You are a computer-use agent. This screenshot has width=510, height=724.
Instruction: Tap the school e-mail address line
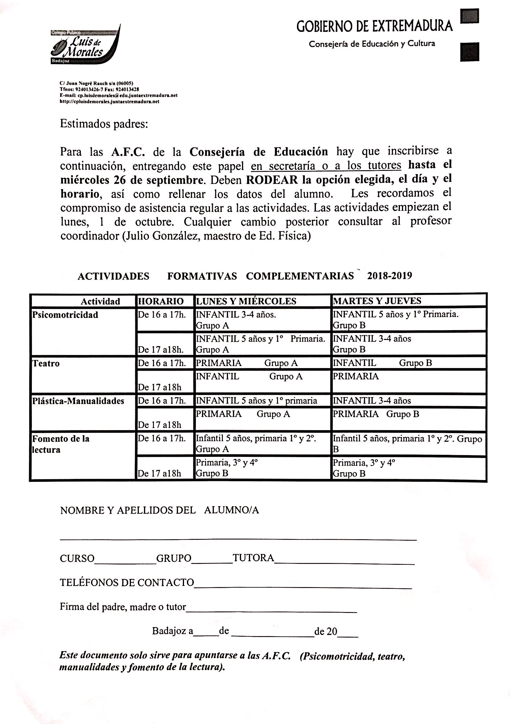[x=119, y=95]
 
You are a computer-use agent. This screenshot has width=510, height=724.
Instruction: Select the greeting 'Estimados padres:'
[x=104, y=124]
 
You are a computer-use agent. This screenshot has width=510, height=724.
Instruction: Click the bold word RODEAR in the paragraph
[x=272, y=180]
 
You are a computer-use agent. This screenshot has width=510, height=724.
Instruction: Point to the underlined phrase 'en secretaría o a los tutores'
[x=326, y=166]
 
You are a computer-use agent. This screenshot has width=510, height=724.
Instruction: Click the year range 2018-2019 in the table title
[x=389, y=276]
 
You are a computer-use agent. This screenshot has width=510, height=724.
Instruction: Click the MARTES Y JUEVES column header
[x=377, y=301]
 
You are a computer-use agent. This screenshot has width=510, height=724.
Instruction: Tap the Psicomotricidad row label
[x=65, y=315]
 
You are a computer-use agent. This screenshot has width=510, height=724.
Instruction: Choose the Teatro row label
[x=46, y=363]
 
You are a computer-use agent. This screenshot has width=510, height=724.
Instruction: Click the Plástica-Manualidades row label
[x=78, y=401]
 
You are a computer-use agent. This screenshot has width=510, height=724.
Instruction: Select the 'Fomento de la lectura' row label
[x=61, y=444]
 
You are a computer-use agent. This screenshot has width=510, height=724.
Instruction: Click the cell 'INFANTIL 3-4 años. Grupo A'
[x=236, y=320]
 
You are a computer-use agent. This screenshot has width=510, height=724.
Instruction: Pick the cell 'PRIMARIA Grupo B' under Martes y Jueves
[x=376, y=414]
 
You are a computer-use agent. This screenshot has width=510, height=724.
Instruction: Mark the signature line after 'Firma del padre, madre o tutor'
[x=271, y=612]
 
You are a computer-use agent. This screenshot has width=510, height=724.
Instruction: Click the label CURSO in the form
[x=77, y=559]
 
